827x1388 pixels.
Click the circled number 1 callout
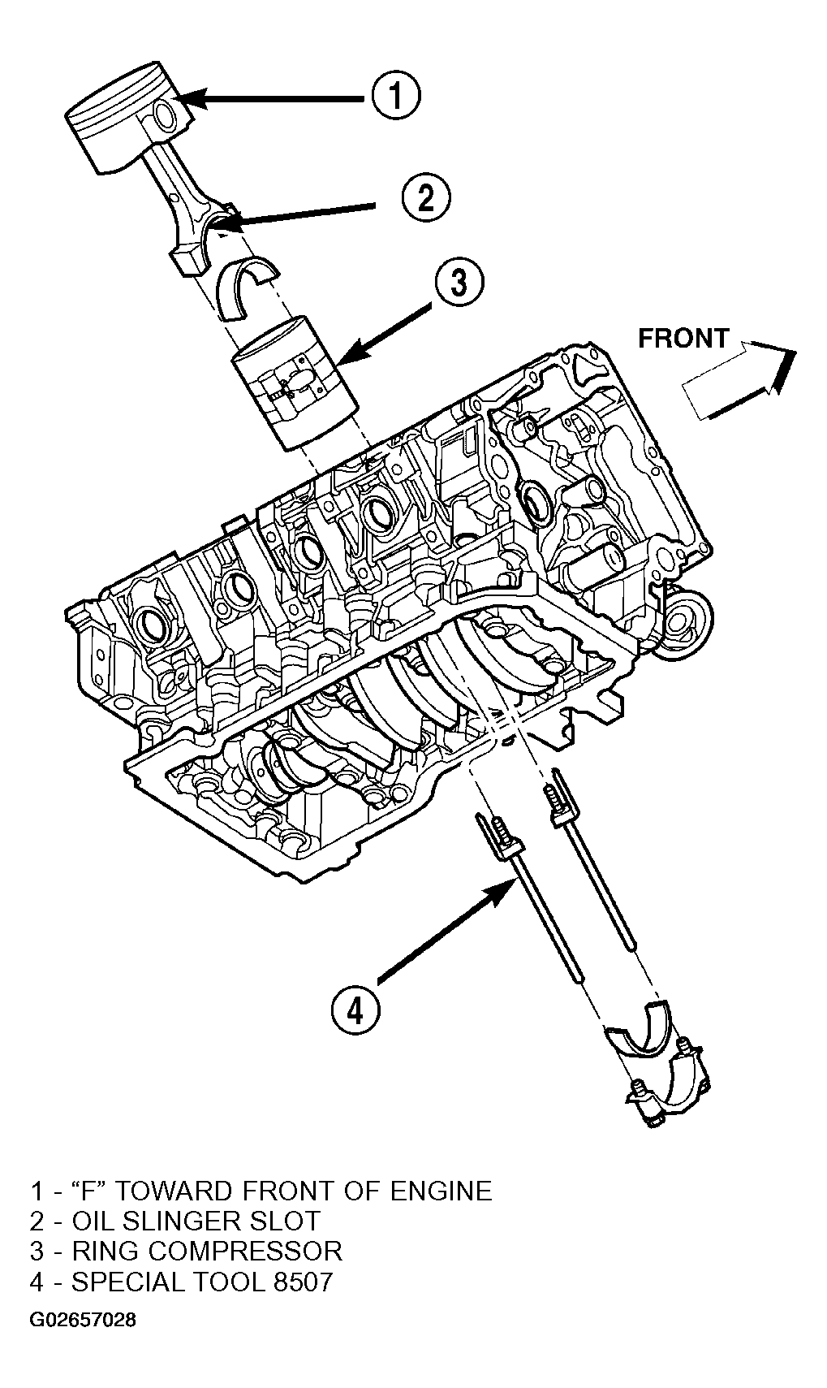point(395,96)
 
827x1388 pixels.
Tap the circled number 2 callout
point(426,197)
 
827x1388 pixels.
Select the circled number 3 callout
point(459,283)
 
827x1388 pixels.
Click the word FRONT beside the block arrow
point(683,339)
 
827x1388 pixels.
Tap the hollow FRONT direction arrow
point(738,379)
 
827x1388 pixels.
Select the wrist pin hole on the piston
point(166,115)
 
